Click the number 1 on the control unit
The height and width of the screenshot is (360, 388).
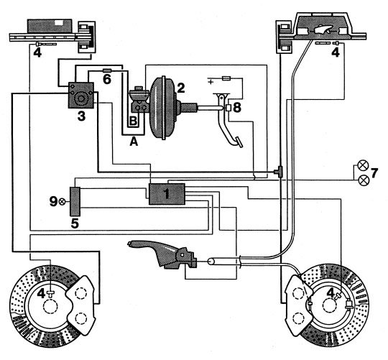click(x=167, y=194)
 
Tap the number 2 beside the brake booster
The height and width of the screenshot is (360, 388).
click(x=180, y=88)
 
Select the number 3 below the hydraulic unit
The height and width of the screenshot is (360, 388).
click(x=81, y=116)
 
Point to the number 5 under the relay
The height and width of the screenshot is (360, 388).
click(x=75, y=223)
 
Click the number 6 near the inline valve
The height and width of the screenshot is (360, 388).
click(x=107, y=80)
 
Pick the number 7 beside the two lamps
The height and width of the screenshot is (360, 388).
click(x=374, y=173)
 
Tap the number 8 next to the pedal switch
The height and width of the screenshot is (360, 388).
click(x=237, y=108)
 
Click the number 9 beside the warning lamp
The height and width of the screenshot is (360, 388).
click(x=53, y=202)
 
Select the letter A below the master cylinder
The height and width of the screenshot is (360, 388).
click(x=134, y=142)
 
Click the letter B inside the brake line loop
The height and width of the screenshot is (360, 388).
click(x=133, y=121)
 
